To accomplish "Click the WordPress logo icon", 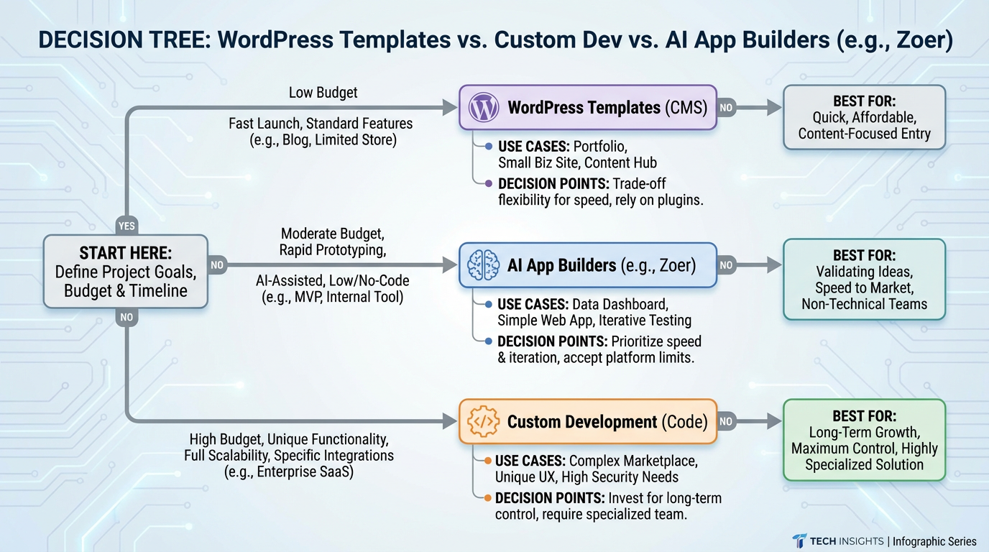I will (484, 108).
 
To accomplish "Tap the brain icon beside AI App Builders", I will (483, 265).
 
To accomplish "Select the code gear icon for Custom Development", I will (483, 421).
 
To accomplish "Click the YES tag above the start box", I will (126, 226).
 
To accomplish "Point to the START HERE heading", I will (125, 254).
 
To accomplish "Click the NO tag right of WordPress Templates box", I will (726, 108).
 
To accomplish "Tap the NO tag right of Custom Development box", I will (726, 421).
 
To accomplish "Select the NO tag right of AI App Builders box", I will (726, 265).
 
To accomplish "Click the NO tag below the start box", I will (126, 317).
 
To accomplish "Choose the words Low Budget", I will (323, 92).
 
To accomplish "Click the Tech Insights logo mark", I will (799, 541).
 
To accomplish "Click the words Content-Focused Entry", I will (864, 134).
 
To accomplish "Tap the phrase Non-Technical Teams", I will (864, 304).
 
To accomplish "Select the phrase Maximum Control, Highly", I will (864, 448).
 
